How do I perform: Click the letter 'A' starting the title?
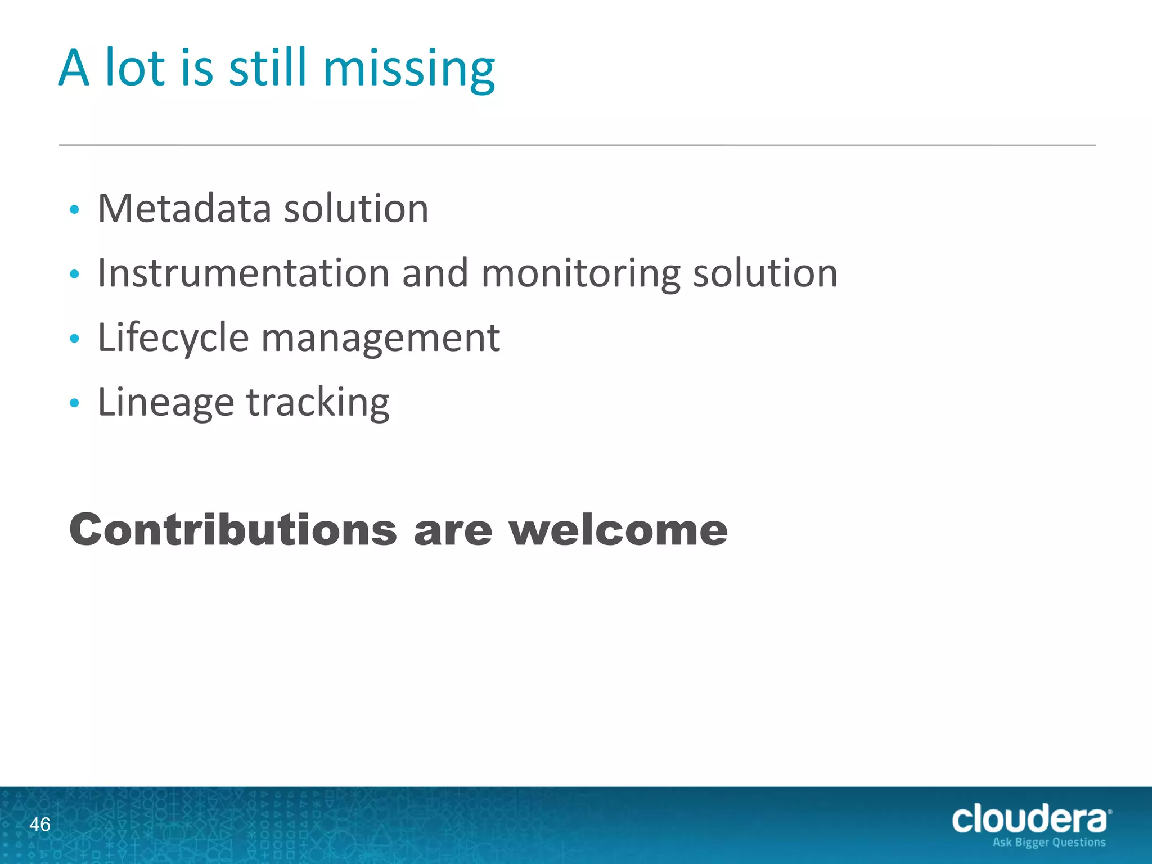[74, 69]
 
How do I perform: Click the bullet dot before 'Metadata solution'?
[74, 210]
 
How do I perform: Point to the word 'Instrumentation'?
[244, 273]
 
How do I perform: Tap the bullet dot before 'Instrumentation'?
[74, 274]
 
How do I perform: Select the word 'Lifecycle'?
[173, 339]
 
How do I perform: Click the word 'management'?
[381, 339]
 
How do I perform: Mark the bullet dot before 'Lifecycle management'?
[74, 339]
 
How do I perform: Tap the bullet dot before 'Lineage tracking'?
[74, 403]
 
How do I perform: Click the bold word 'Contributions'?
[233, 530]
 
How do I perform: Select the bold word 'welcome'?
[618, 530]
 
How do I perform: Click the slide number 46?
[39, 825]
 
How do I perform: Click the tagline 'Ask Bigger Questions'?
[1049, 843]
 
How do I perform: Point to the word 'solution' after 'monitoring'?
[765, 273]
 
